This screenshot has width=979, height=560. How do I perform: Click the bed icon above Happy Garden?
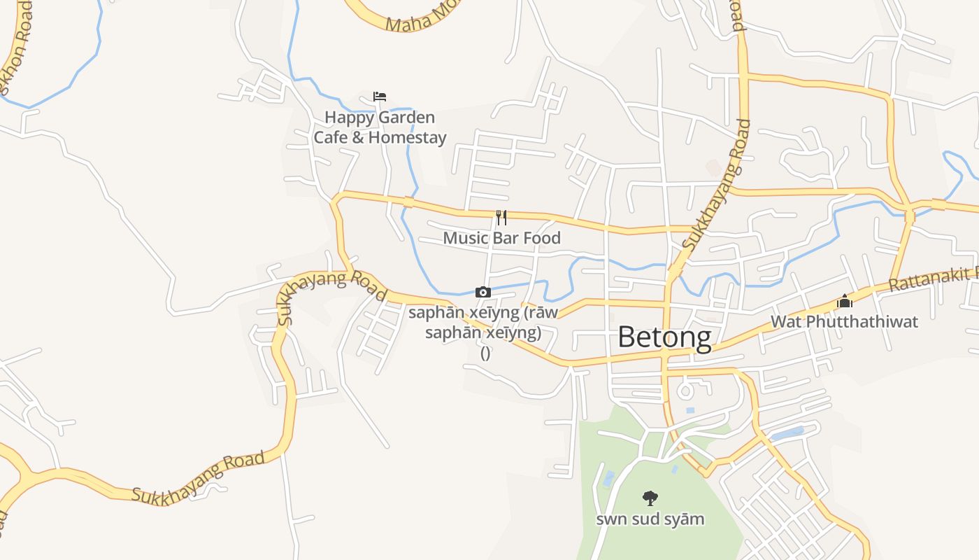click(x=380, y=97)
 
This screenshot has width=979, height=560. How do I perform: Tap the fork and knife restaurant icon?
click(x=501, y=218)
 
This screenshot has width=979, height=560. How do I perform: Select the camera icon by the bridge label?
click(x=483, y=292)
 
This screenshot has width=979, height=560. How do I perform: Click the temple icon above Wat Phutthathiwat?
click(x=845, y=302)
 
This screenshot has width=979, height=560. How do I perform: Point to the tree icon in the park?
click(x=650, y=498)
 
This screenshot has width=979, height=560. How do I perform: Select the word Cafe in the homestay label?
click(x=329, y=137)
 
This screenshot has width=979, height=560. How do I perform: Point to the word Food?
click(x=542, y=238)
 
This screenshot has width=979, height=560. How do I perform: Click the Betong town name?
click(x=664, y=338)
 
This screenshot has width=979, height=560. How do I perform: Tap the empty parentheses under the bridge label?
click(x=485, y=353)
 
